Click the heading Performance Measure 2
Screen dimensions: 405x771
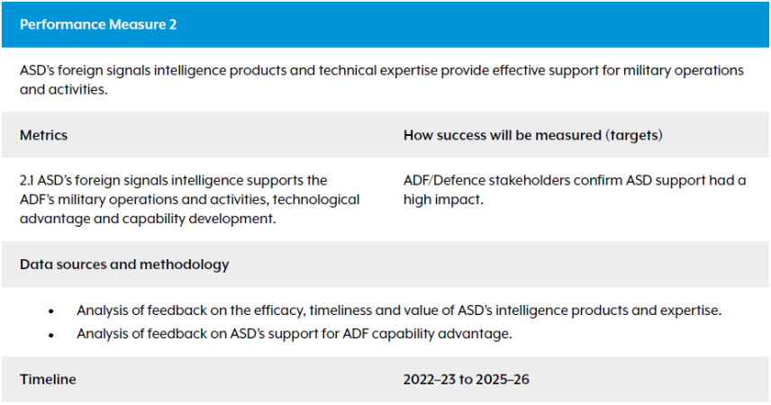coord(98,24)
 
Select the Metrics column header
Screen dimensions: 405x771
coord(43,135)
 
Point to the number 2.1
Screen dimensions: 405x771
coord(27,181)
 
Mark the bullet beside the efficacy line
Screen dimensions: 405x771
coord(51,311)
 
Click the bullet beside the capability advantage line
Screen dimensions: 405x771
coord(51,335)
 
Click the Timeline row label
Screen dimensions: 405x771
coord(48,379)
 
